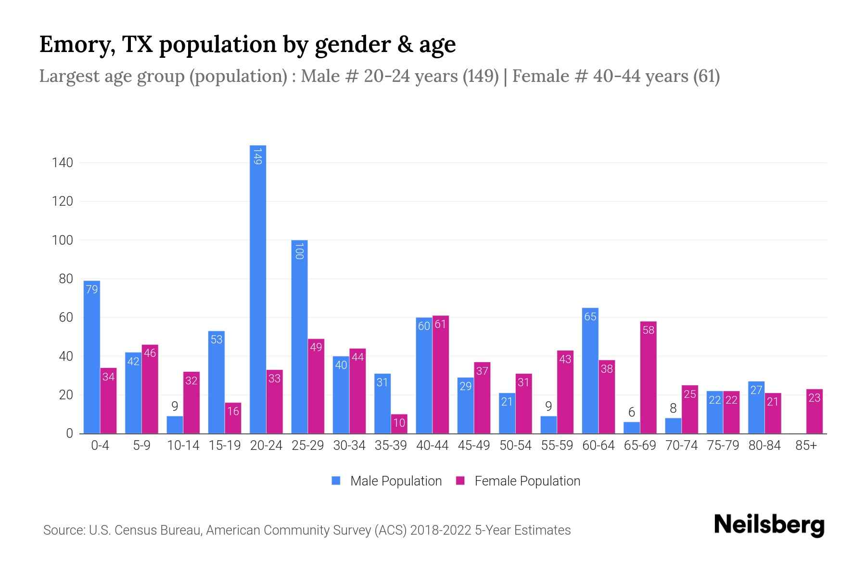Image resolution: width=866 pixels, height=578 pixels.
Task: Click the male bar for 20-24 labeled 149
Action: click(x=258, y=289)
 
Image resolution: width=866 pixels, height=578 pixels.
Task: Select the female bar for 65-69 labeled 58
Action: click(x=648, y=378)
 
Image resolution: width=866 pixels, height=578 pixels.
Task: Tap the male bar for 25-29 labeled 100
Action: click(x=299, y=337)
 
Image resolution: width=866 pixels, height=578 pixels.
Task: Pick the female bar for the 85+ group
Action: click(x=814, y=411)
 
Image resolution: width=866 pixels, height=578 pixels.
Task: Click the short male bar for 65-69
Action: click(x=632, y=428)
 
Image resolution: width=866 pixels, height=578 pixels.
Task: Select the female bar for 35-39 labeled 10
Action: click(x=399, y=424)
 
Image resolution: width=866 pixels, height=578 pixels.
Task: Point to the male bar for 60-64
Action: click(x=590, y=371)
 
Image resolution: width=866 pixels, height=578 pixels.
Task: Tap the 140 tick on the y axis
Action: click(x=63, y=163)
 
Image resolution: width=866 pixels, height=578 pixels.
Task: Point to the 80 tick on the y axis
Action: click(x=65, y=279)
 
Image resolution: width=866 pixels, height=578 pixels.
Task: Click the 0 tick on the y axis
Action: click(x=69, y=433)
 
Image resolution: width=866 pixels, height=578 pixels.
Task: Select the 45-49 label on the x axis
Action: click(x=473, y=446)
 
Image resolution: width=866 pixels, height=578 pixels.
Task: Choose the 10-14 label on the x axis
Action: click(x=183, y=446)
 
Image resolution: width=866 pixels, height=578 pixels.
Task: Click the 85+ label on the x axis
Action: click(x=806, y=446)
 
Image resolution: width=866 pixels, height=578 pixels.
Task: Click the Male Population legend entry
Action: click(x=395, y=481)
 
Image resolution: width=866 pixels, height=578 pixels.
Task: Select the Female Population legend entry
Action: click(x=527, y=481)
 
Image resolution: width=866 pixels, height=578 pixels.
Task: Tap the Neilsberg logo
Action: click(x=769, y=525)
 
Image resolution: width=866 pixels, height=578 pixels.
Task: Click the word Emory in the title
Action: click(x=76, y=45)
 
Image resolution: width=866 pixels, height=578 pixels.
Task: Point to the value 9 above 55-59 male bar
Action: click(x=548, y=407)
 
